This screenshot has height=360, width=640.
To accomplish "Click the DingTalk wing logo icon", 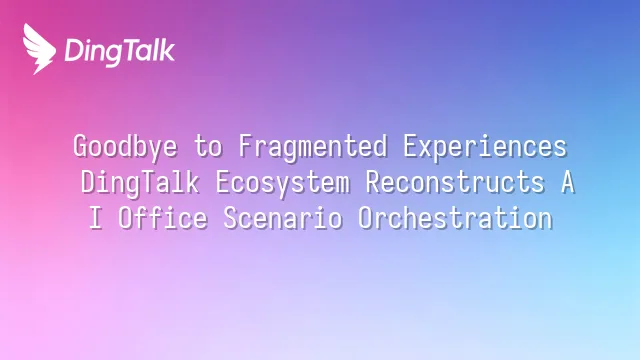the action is [39, 49].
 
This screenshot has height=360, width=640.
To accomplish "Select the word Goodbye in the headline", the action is [125, 147].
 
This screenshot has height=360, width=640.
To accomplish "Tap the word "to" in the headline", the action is [208, 147].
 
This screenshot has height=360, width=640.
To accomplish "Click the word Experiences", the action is [485, 147].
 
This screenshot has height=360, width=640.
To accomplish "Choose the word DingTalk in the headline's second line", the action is [140, 183].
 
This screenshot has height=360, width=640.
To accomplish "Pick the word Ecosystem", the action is [282, 183].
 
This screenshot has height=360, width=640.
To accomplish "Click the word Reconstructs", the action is [455, 182].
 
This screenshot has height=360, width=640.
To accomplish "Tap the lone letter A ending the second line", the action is [568, 182].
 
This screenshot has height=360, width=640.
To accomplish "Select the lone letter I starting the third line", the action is [96, 218].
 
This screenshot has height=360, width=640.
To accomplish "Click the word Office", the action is [163, 217].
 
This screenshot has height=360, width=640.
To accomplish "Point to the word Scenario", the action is [283, 218].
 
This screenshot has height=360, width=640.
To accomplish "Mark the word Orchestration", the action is [456, 218].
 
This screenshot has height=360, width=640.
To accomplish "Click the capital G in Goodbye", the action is [81, 146].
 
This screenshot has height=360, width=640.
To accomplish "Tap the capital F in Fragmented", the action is [245, 146].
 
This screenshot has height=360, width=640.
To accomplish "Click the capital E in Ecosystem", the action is [223, 182].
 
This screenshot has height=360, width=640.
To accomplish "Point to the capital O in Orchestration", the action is [365, 218].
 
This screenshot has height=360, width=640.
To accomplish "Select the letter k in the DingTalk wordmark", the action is [167, 50].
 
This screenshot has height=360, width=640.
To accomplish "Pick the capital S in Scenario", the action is [231, 218].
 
